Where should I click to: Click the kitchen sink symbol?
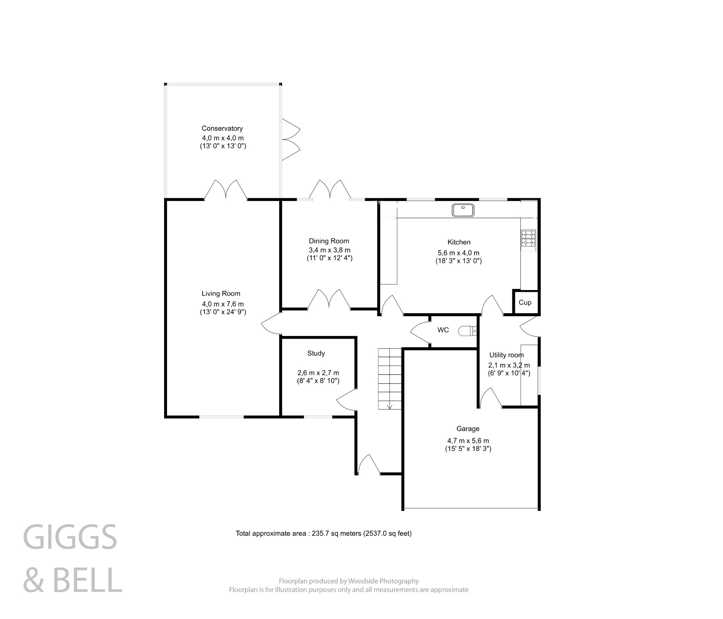click(x=462, y=210)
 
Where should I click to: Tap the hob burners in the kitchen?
click(x=528, y=238)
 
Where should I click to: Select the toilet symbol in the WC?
click(x=467, y=331)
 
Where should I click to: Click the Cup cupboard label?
click(x=525, y=302)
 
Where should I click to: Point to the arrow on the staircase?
click(x=390, y=406)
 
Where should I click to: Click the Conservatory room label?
click(x=222, y=128)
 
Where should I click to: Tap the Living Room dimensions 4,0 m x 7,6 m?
click(x=223, y=304)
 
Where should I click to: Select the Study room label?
click(x=316, y=353)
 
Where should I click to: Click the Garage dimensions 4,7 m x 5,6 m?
click(x=468, y=441)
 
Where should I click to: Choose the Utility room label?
click(x=506, y=355)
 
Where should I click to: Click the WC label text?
click(x=443, y=330)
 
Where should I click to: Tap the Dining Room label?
click(x=329, y=241)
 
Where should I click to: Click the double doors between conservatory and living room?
click(x=226, y=191)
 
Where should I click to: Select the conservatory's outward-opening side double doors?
click(x=291, y=140)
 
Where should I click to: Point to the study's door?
click(x=346, y=400)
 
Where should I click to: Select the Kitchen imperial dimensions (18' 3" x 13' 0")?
click(x=458, y=261)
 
